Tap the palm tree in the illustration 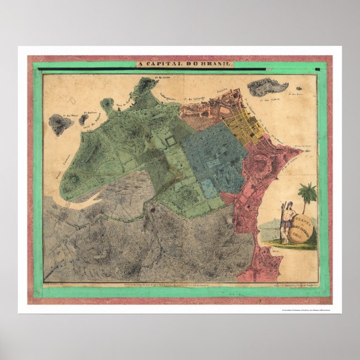click(307, 196)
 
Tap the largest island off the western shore click(61, 124)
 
